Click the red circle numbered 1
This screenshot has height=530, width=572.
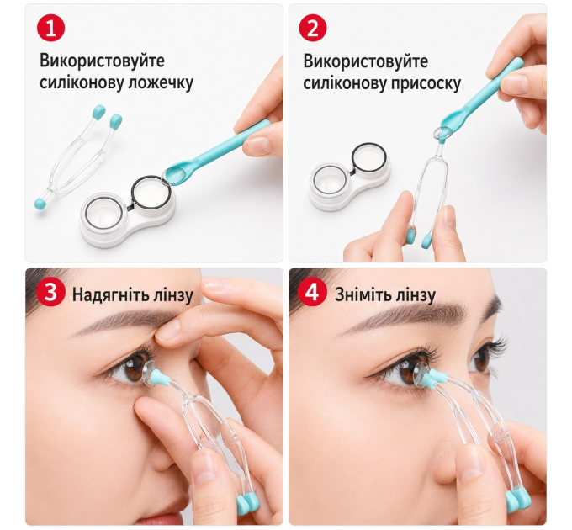50,28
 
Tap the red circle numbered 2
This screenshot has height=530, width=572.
313,28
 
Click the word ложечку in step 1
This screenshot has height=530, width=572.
161,82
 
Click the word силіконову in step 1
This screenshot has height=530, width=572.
82,82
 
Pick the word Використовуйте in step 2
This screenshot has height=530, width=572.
366,61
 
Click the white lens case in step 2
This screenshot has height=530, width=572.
349,177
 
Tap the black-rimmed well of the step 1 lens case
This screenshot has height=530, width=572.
151,193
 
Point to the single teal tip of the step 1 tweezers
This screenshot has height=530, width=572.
40,204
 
